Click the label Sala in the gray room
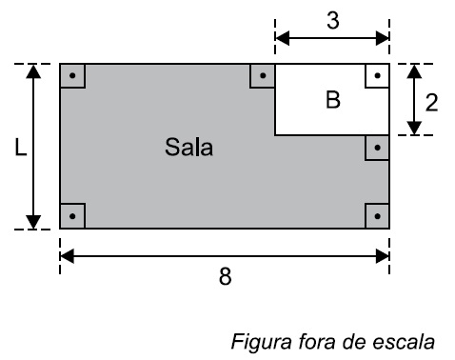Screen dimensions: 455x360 pos(188,148)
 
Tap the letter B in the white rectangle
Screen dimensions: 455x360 pos(332,101)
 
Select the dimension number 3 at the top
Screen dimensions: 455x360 pos(332,21)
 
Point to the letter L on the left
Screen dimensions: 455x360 pos(20,148)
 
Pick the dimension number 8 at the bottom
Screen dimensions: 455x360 pos(224,277)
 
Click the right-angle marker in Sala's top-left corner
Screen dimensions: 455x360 pos(72,75)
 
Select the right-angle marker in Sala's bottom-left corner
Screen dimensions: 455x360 pos(72,216)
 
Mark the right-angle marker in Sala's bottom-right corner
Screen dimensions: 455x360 pos(377,216)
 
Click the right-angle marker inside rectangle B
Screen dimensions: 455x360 pos(377,75)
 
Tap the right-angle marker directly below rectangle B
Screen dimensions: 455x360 pos(377,148)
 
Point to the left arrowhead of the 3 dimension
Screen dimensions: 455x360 pos(282,39)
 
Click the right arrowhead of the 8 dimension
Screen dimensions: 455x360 pos(383,254)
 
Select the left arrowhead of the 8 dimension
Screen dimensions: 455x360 pos(67,254)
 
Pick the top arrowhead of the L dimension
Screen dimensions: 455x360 pos(33,71)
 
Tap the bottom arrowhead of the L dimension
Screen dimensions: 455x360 pos(33,222)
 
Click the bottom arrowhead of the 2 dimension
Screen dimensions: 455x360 pos(413,128)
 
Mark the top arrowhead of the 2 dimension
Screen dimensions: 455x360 pos(413,71)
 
